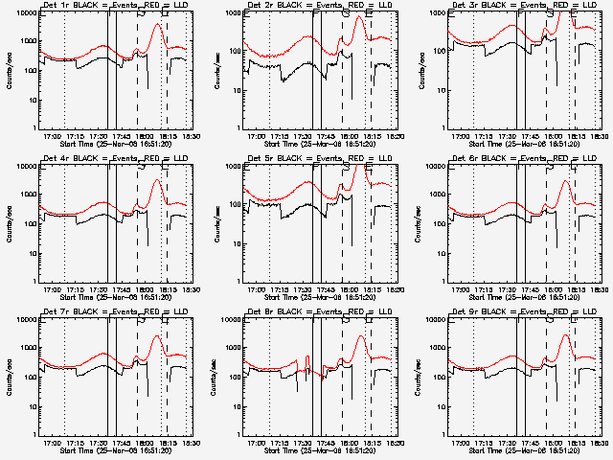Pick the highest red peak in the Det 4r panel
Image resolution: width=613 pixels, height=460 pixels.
point(158,179)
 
